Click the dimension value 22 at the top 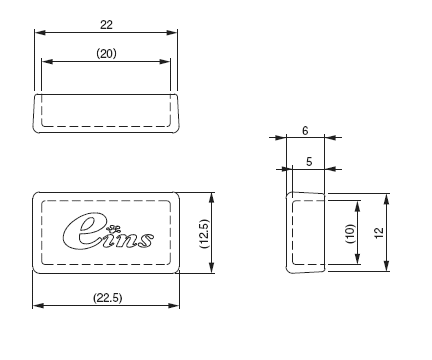[106, 23]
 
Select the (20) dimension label [106, 53]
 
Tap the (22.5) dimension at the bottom [106, 296]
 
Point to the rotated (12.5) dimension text [202, 233]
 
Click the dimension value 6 [305, 130]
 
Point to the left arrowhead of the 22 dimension [39, 33]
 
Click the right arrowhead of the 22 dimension [176, 33]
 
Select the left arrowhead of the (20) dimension [45, 63]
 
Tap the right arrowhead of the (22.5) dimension [176, 306]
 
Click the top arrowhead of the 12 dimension [387, 195]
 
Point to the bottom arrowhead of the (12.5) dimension [211, 270]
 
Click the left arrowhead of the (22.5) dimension [37, 306]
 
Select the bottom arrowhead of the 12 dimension [387, 269]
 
